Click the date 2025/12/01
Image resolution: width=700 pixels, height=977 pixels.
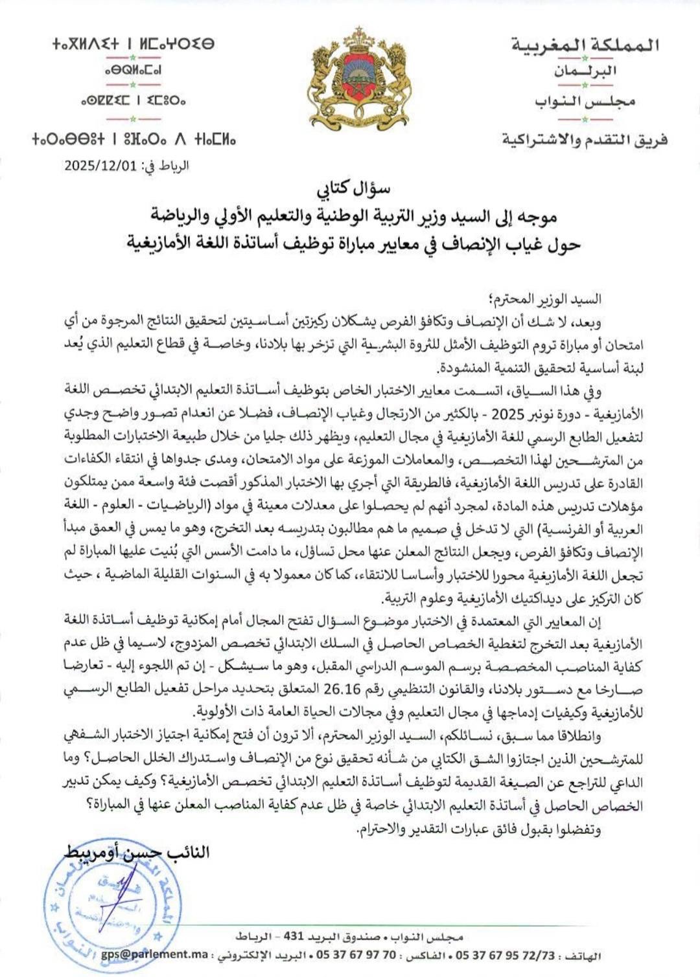pos(100,166)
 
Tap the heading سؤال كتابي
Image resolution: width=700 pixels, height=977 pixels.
pos(354,190)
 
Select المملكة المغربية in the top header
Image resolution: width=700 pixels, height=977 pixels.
pos(585,45)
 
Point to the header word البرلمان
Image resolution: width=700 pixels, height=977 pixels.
pos(585,71)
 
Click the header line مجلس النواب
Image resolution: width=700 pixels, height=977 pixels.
pos(585,102)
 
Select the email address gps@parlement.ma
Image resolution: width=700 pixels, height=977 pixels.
pos(155,954)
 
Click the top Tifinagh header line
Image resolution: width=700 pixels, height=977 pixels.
pos(134,45)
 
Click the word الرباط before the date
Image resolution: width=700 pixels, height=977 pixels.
pos(173,166)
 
